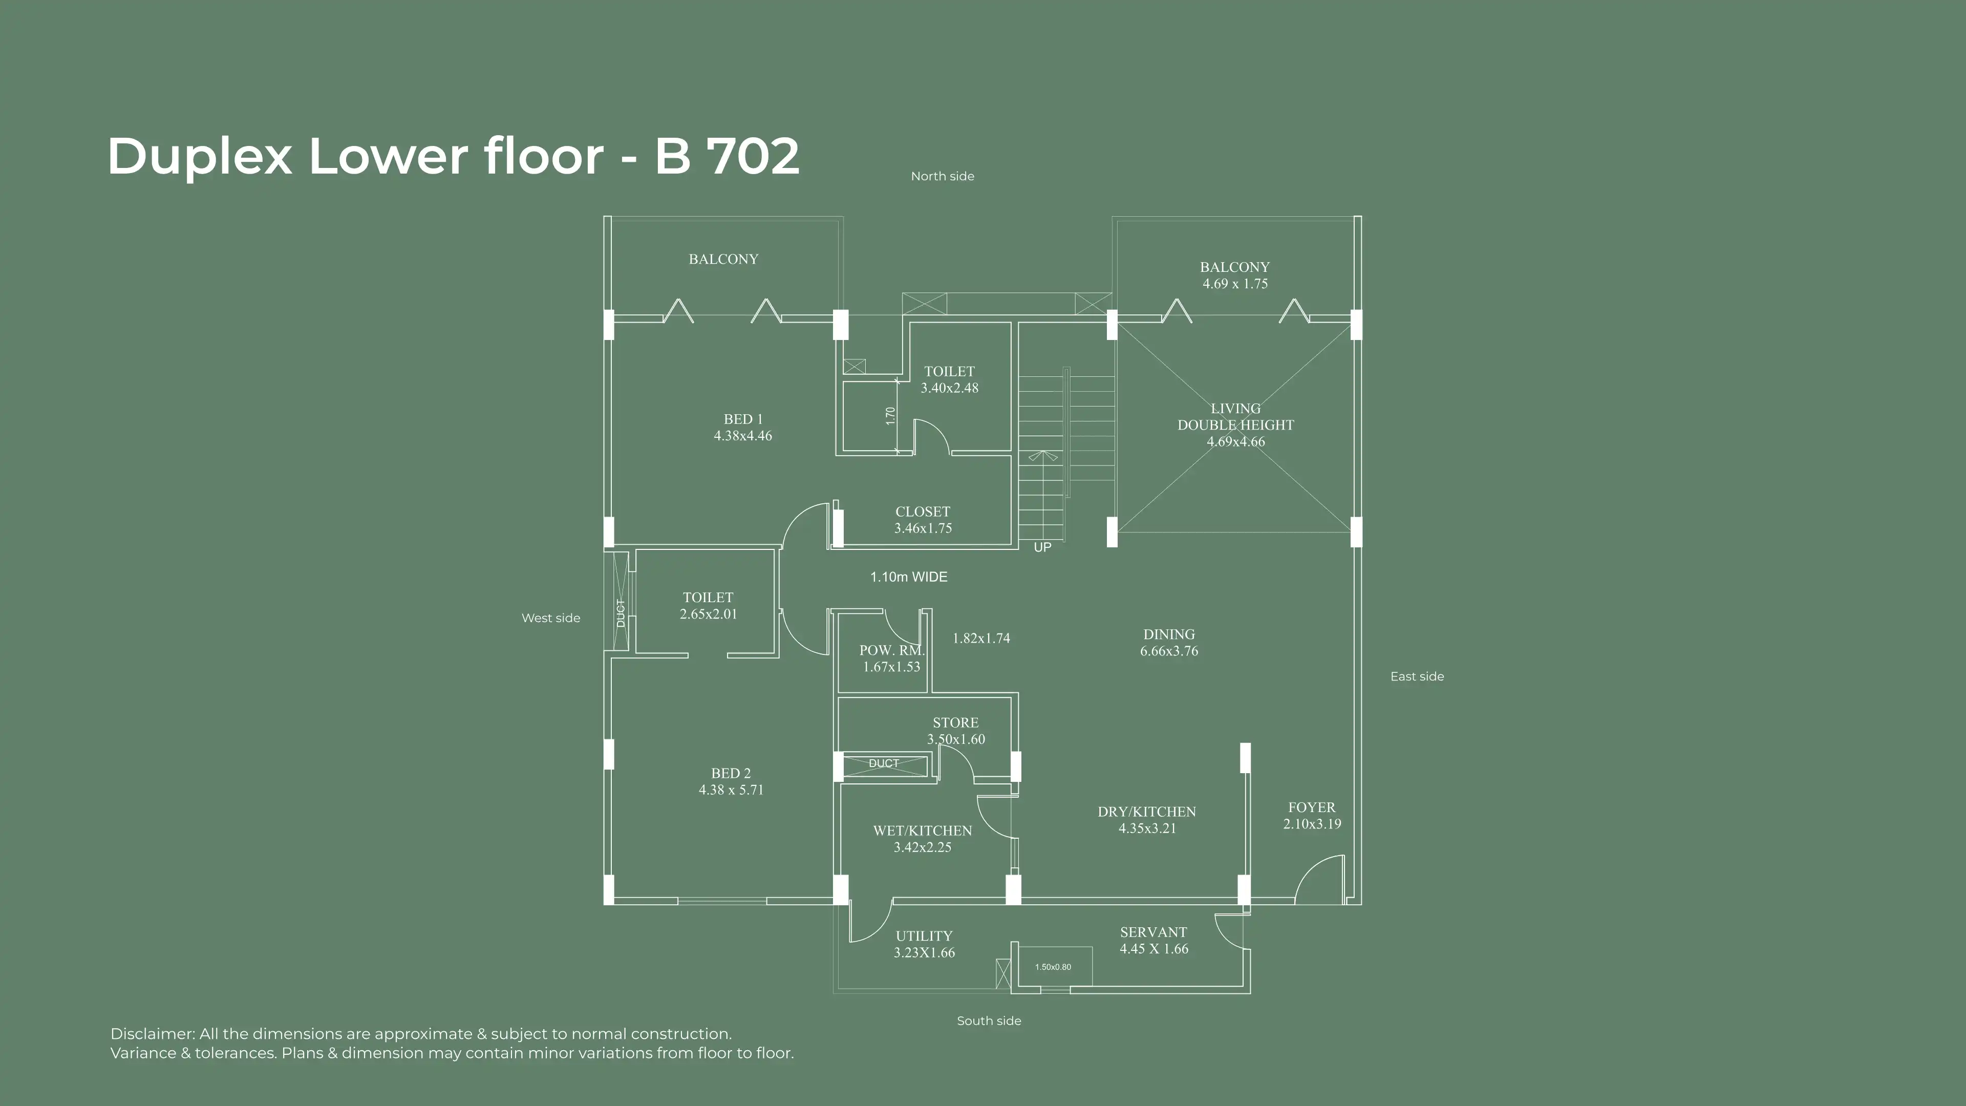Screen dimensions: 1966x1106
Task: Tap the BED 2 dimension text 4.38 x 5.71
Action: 731,790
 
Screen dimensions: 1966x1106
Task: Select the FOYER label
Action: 1312,807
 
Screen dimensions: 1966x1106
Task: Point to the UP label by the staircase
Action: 1042,547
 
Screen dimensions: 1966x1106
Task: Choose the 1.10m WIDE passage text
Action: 909,577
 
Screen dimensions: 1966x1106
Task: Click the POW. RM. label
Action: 891,650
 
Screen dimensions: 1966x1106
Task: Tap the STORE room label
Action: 955,723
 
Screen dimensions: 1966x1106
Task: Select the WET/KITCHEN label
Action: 923,831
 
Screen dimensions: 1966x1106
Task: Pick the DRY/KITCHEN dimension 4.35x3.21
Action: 1147,828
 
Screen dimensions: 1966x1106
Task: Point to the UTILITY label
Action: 924,936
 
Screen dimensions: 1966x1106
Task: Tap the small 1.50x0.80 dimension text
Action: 1053,967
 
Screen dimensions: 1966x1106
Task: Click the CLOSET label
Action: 923,512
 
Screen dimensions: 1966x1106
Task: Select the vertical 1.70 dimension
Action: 890,416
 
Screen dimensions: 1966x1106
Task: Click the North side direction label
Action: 943,176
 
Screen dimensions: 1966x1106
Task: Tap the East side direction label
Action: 1417,676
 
